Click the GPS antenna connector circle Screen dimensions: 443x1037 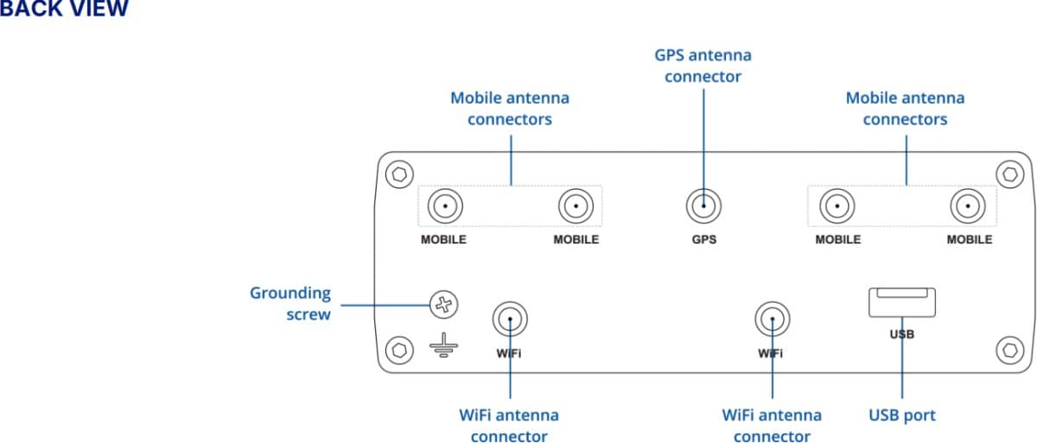(x=703, y=206)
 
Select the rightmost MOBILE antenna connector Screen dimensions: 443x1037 (x=968, y=206)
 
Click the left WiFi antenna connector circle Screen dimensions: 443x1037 (x=510, y=320)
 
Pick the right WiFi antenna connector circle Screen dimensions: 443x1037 (x=772, y=320)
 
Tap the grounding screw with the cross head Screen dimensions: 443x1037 (x=443, y=304)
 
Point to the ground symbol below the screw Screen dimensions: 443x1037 (x=443, y=347)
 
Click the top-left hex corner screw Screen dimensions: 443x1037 (x=398, y=174)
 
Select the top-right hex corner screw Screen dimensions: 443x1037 (x=1009, y=174)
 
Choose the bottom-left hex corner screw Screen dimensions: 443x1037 (x=398, y=350)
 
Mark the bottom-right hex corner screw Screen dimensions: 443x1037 (x=1009, y=350)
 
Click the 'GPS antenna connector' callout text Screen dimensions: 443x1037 (x=703, y=66)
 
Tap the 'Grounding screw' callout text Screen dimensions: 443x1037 (x=290, y=304)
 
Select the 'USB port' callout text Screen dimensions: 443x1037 (x=901, y=415)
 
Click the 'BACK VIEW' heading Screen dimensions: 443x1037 (x=64, y=9)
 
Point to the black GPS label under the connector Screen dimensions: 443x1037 (x=703, y=239)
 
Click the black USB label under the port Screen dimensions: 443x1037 (x=901, y=333)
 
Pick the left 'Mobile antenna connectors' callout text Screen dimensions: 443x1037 (x=509, y=109)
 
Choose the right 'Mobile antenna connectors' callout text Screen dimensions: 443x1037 (x=905, y=109)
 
